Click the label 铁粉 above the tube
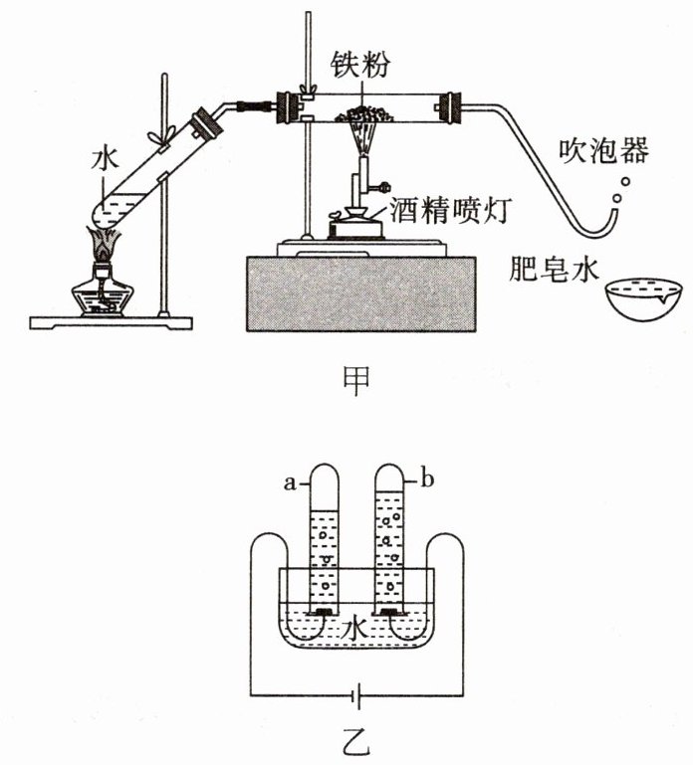tap(360, 65)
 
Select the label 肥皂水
tap(554, 268)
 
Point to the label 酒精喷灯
tap(450, 210)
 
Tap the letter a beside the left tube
tap(290, 483)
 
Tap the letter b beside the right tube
tap(427, 480)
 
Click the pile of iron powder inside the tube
tap(363, 114)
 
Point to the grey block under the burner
tap(360, 294)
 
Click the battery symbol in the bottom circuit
tap(357, 694)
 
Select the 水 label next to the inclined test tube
tap(104, 160)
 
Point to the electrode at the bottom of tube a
tap(324, 612)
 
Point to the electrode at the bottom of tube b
tap(388, 612)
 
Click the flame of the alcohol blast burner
tap(363, 138)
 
